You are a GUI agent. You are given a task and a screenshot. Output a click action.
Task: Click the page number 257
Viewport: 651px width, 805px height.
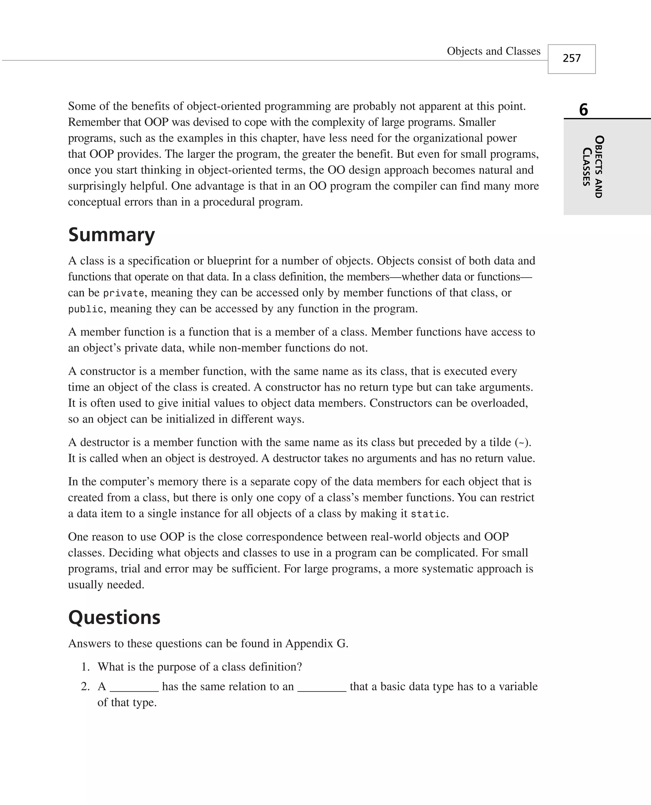(x=571, y=58)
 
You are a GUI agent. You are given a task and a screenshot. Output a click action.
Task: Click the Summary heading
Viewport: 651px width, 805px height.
(x=111, y=235)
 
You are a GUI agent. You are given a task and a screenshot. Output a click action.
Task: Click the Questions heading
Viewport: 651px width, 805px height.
(x=114, y=617)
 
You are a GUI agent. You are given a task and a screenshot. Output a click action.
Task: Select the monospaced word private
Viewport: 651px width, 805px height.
(x=123, y=293)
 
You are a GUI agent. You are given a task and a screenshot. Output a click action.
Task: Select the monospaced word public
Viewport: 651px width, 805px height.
(x=85, y=309)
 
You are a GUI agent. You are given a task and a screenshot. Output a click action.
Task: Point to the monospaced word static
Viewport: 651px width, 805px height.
(x=428, y=514)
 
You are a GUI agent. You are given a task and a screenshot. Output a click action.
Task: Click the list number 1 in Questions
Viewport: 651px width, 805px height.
(x=85, y=667)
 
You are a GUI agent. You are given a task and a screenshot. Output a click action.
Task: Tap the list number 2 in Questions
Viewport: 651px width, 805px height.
(x=85, y=686)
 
